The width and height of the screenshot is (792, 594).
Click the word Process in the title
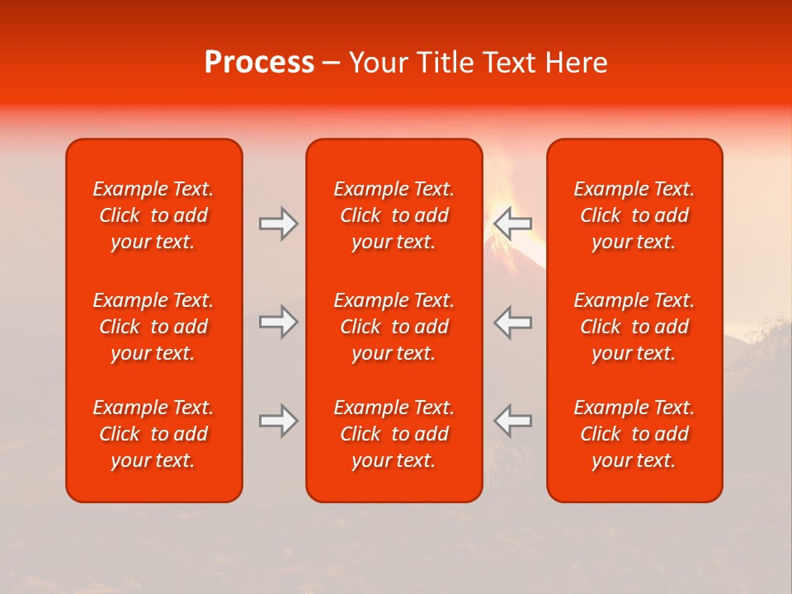pyautogui.click(x=259, y=63)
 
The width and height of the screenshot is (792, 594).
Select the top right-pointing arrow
pyautogui.click(x=278, y=224)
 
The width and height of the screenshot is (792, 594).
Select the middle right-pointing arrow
pyautogui.click(x=278, y=322)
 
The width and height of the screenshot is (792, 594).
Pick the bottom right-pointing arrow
pyautogui.click(x=278, y=421)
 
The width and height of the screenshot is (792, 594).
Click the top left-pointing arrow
pyautogui.click(x=512, y=224)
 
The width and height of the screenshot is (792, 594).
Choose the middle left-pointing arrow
pyautogui.click(x=512, y=322)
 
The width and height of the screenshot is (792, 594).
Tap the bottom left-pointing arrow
pyautogui.click(x=512, y=421)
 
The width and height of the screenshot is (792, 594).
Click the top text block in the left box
pyautogui.click(x=153, y=215)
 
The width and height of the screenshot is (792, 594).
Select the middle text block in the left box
pyautogui.click(x=153, y=327)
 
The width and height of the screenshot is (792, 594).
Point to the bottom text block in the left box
pyautogui.click(x=153, y=434)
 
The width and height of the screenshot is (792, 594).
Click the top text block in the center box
pyautogui.click(x=394, y=215)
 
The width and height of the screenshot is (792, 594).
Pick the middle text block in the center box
pyautogui.click(x=394, y=327)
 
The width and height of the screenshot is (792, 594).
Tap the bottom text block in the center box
pyautogui.click(x=394, y=434)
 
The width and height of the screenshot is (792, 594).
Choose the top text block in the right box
pyautogui.click(x=634, y=215)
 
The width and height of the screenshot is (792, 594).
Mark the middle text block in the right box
pyautogui.click(x=634, y=327)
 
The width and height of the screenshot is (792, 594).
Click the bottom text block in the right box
pyautogui.click(x=634, y=434)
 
